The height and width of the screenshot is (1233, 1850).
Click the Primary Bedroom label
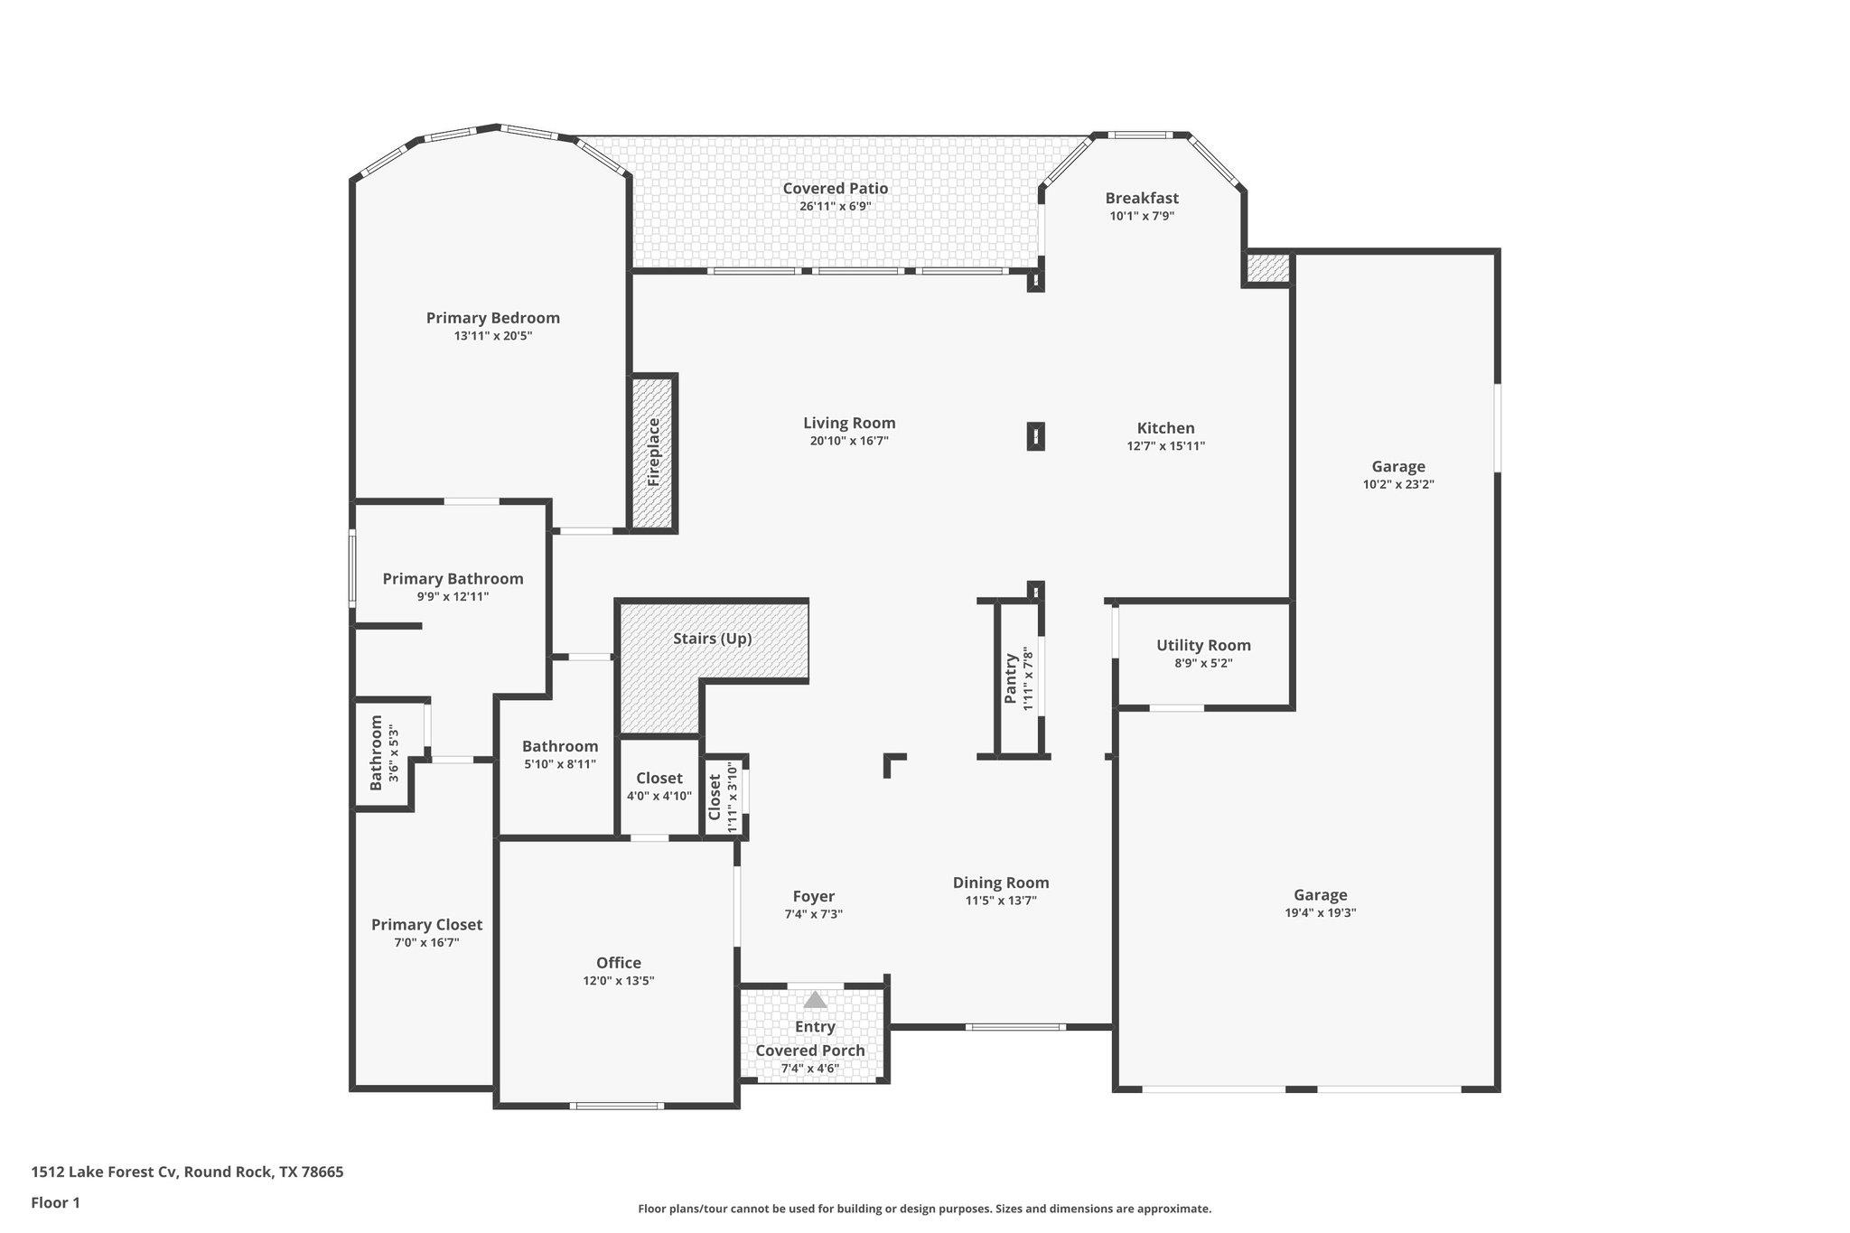492,318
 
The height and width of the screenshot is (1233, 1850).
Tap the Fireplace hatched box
653,452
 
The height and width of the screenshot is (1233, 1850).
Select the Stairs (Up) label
712,639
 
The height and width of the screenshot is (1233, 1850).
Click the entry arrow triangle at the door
815,1000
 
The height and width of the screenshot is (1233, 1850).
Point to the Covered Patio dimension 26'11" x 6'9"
835,206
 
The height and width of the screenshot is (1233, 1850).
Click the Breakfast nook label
1142,198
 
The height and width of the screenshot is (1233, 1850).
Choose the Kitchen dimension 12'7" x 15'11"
1165,445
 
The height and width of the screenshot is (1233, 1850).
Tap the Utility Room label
1203,645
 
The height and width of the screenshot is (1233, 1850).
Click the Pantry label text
1011,679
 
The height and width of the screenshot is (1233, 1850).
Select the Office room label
618,963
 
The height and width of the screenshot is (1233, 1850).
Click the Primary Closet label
426,925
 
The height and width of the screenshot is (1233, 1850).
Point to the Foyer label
813,896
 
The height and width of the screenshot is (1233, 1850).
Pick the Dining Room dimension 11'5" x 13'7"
1001,901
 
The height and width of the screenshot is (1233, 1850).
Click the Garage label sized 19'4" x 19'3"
1320,895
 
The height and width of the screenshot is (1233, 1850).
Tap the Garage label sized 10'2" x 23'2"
1398,467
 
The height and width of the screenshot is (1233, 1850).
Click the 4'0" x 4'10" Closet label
659,779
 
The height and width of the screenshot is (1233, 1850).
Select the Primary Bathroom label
453,579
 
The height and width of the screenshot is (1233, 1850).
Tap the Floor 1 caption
56,1202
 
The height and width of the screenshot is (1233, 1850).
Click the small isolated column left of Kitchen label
1036,437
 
